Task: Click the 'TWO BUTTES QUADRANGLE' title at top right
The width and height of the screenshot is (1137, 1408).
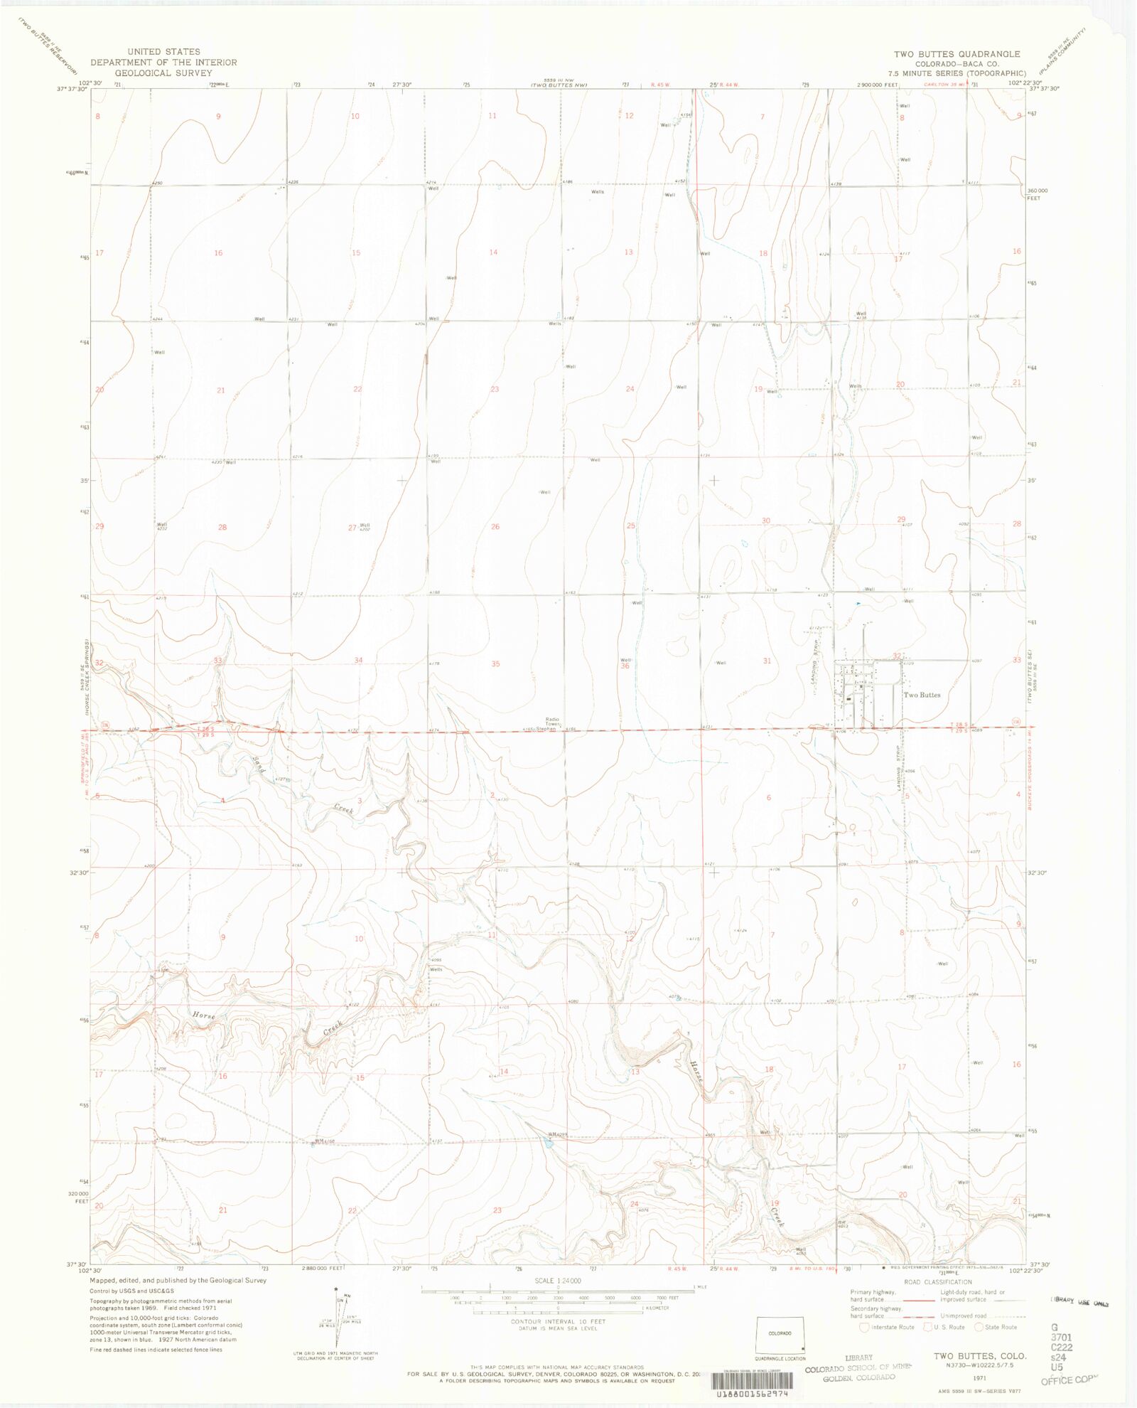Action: click(x=957, y=54)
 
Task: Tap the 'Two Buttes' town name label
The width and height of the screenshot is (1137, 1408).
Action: click(x=922, y=695)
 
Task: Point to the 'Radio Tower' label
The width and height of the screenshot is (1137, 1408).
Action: click(x=552, y=722)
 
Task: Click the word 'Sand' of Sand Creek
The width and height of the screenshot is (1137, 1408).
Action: click(x=259, y=765)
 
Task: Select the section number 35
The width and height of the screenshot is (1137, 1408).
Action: click(x=495, y=663)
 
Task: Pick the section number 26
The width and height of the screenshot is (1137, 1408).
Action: click(x=495, y=526)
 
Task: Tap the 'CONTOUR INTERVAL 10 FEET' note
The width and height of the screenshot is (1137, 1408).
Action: click(x=558, y=1321)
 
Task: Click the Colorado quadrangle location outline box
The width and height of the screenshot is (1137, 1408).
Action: click(x=780, y=1333)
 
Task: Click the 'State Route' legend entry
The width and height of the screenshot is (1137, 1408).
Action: click(x=997, y=1327)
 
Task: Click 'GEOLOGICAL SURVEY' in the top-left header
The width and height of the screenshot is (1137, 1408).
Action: click(x=163, y=73)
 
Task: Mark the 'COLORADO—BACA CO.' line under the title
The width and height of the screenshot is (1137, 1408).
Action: click(x=957, y=64)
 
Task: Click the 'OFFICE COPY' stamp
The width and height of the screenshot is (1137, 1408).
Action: click(x=1069, y=1380)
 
